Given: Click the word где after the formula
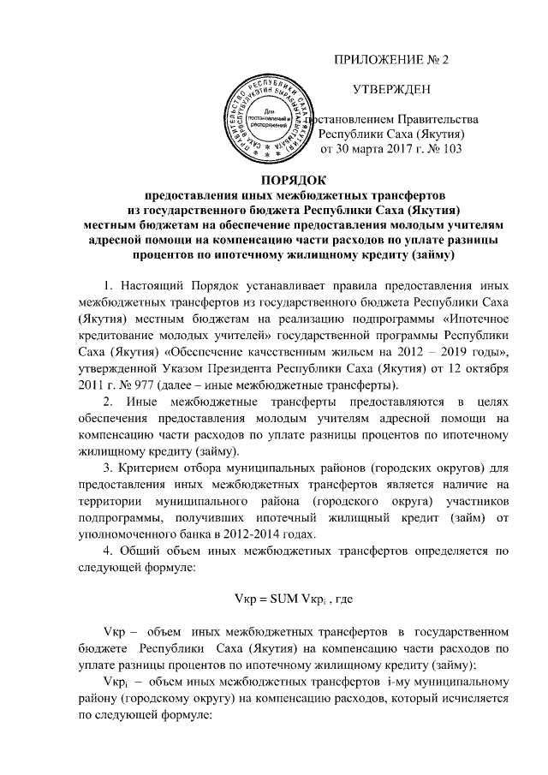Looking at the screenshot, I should pyautogui.click(x=344, y=601).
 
